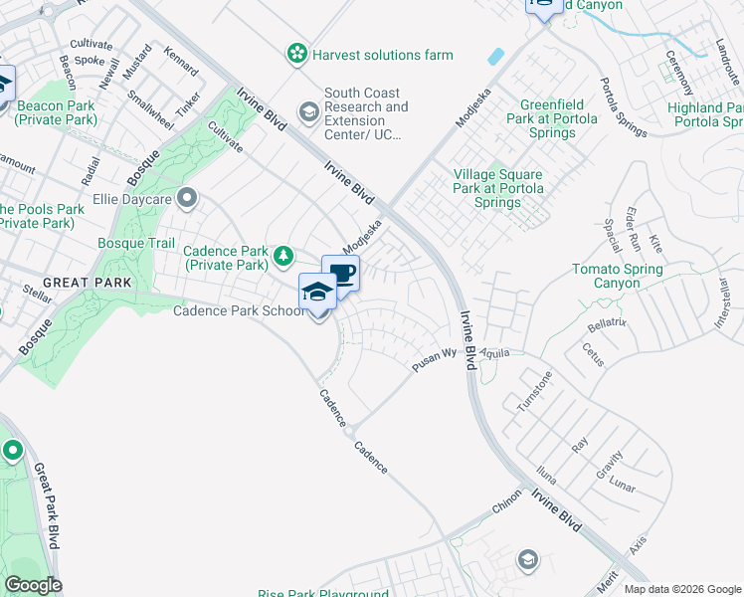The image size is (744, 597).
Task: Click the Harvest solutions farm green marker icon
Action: tap(295, 55)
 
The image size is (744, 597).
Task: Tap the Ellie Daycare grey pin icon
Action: tap(186, 199)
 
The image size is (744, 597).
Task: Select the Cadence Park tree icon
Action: tap(283, 258)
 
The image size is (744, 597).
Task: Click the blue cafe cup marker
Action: tap(341, 274)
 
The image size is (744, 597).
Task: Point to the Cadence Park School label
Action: tap(239, 311)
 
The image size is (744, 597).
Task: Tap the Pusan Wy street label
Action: tap(435, 360)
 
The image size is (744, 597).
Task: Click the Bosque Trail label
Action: tap(136, 243)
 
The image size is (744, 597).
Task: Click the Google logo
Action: tap(33, 585)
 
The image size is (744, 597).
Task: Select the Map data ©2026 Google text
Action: tap(682, 589)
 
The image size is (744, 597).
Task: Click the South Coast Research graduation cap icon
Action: tap(308, 114)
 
